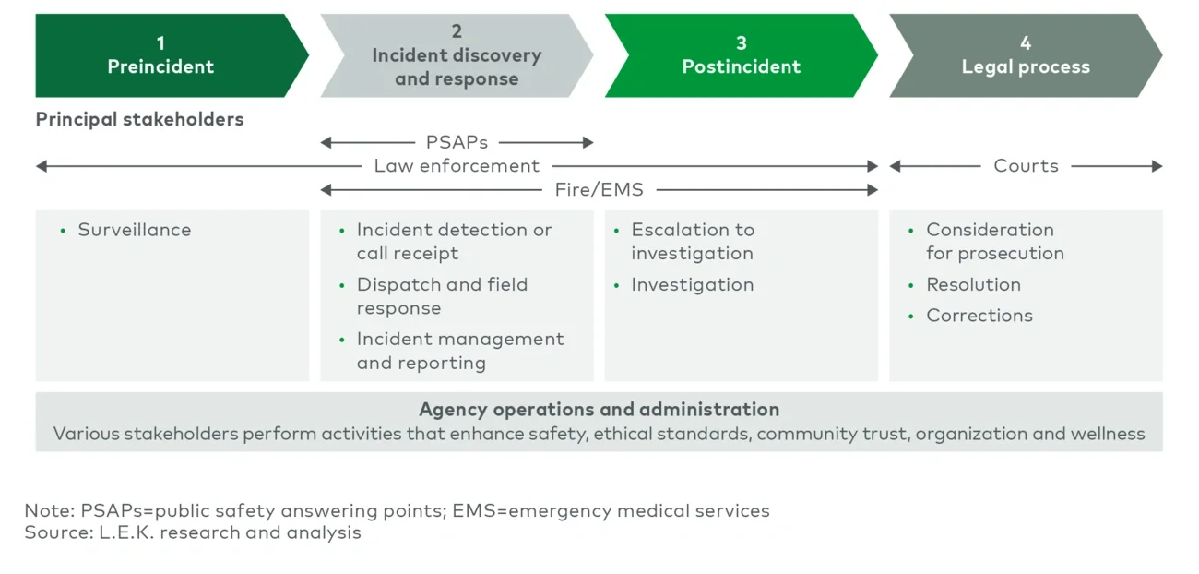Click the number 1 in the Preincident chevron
coord(160,42)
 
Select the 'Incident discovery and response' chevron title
coord(457,67)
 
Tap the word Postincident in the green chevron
coord(741,66)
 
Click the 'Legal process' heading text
coord(1026,66)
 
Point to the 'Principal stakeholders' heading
coord(139,119)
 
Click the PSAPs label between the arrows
coord(457,142)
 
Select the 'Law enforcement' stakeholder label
coord(457,166)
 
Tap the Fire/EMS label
coord(599,190)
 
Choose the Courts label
coord(1026,166)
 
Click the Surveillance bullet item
coord(134,230)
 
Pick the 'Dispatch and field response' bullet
coord(442,296)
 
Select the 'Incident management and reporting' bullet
coord(459,351)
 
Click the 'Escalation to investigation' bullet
coord(692,242)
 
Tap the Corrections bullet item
coord(979,316)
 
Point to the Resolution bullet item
coord(973,284)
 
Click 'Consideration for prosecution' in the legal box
coord(994,242)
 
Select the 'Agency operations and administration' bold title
coord(599,409)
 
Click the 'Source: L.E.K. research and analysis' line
coord(193,532)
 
